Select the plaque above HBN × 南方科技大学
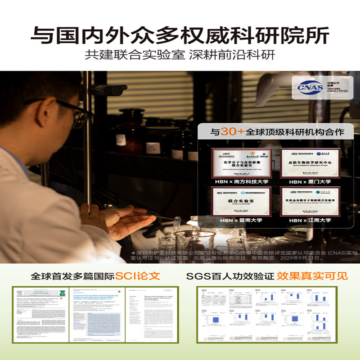(242, 163)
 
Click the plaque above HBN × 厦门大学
(310, 163)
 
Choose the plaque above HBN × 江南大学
(310, 201)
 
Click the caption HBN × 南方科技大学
(242, 182)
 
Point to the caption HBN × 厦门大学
(310, 182)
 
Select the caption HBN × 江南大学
(310, 220)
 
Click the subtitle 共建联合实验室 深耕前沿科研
(180, 55)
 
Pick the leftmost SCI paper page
(41, 313)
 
